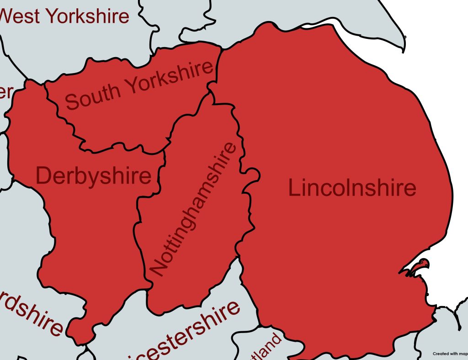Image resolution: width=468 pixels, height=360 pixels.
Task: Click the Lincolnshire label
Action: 352,188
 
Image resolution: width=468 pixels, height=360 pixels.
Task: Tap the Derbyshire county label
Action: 93,176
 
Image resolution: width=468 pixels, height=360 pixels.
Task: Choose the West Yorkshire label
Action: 64,16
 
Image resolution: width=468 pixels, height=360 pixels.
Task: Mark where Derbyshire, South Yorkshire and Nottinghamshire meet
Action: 164,151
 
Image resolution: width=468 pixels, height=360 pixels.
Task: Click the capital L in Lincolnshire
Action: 295,188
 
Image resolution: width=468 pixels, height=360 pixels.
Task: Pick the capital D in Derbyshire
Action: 44,176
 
